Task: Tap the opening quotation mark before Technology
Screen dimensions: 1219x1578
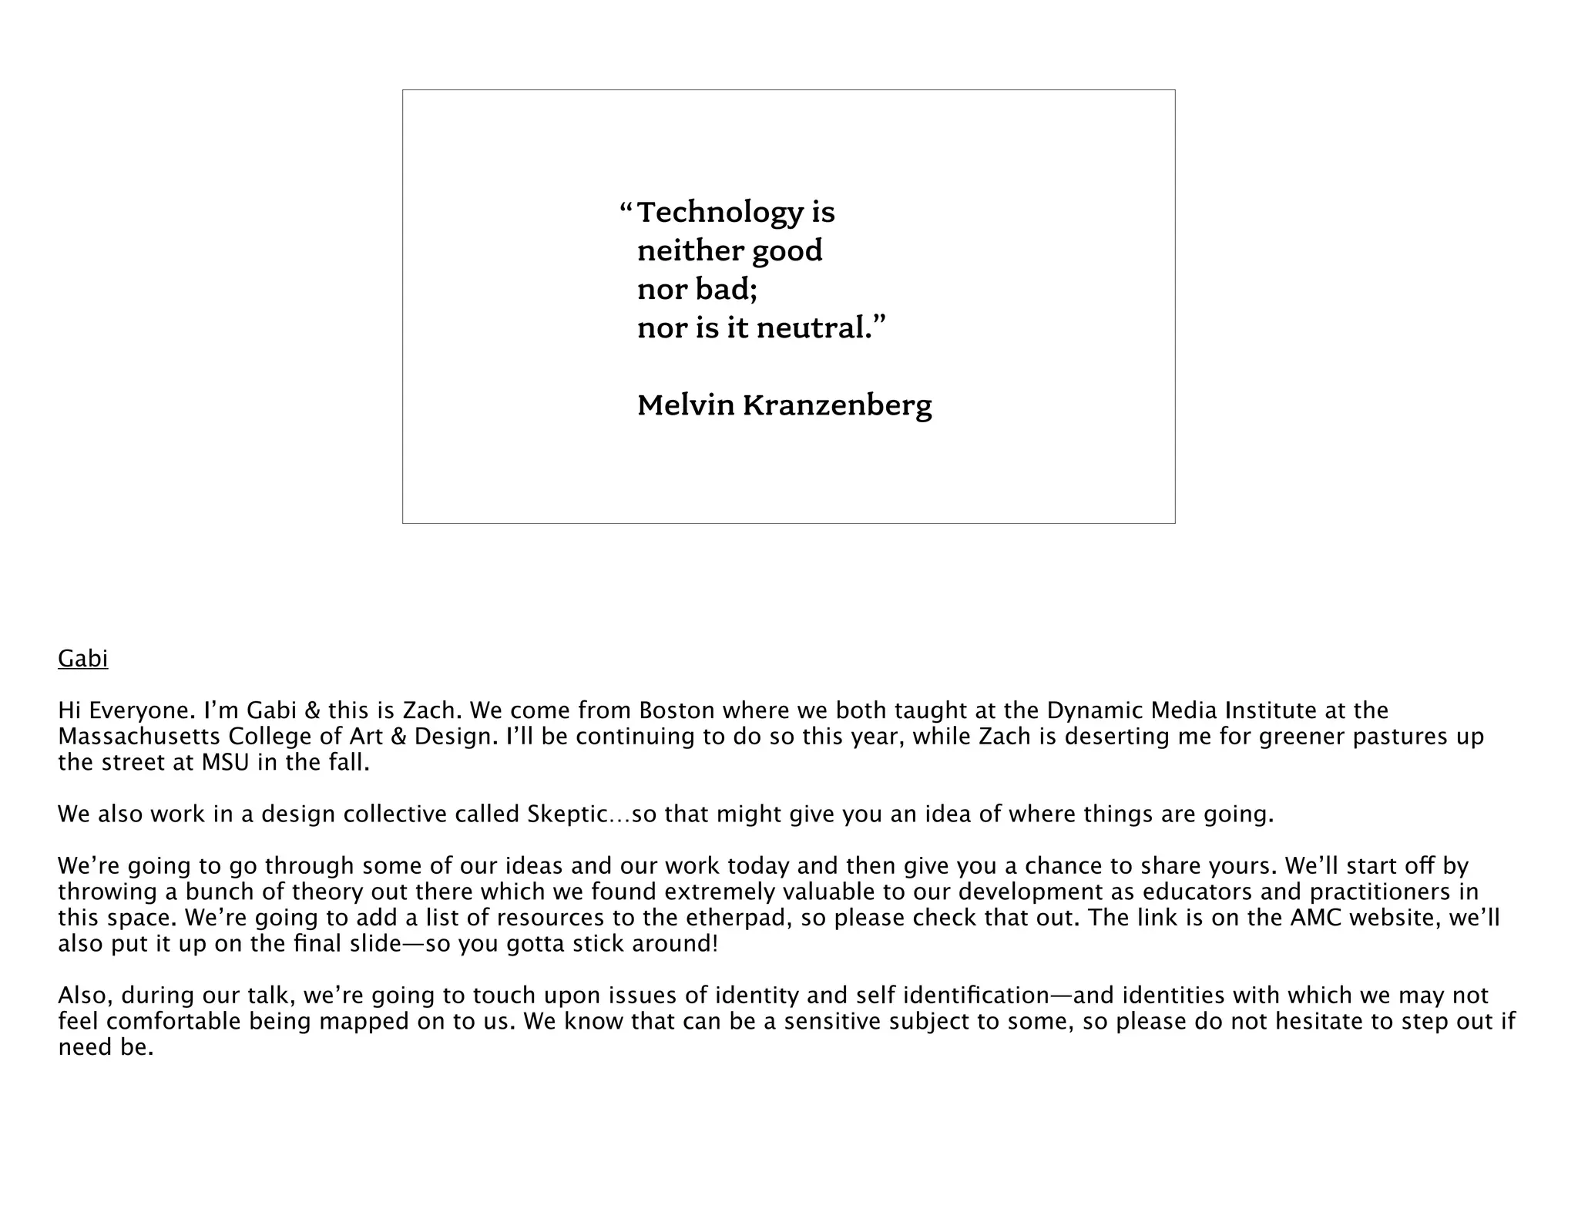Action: (626, 208)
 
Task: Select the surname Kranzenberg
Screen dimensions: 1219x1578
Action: (838, 406)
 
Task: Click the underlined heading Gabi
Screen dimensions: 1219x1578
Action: (83, 659)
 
